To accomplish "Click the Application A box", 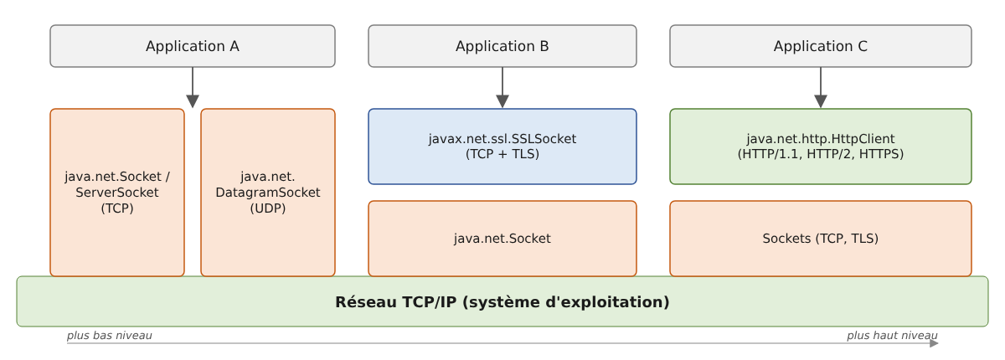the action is pyautogui.click(x=193, y=46).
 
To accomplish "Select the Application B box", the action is pyautogui.click(x=502, y=46).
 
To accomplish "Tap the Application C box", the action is pyautogui.click(x=821, y=46).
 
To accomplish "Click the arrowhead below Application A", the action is pyautogui.click(x=193, y=101).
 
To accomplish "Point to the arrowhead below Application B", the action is pyautogui.click(x=502, y=101).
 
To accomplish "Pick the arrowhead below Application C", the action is pyautogui.click(x=821, y=101).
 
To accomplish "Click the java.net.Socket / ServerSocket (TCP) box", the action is pyautogui.click(x=117, y=193).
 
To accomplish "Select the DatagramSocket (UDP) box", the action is pyautogui.click(x=268, y=193).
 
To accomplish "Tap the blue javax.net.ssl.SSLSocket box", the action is pyautogui.click(x=502, y=147).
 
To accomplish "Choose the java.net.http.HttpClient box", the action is pyautogui.click(x=821, y=147).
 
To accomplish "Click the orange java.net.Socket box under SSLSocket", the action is pyautogui.click(x=502, y=239).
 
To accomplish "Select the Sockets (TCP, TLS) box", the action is pyautogui.click(x=821, y=239).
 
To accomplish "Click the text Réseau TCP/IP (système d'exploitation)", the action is pyautogui.click(x=502, y=302).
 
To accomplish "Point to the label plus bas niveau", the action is pyautogui.click(x=110, y=336).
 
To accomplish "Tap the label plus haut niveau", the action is pyautogui.click(x=892, y=336).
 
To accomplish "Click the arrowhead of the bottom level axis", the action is pyautogui.click(x=934, y=343).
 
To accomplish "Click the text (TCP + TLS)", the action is pyautogui.click(x=502, y=154).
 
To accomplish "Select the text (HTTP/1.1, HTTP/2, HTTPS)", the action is pyautogui.click(x=821, y=154).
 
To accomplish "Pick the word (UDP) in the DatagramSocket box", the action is pyautogui.click(x=268, y=208).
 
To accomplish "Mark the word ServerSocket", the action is pyautogui.click(x=117, y=193).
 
